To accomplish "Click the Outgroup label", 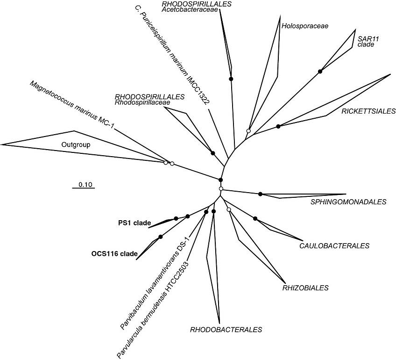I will pos(76,145).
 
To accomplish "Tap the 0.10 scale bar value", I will pos(84,184).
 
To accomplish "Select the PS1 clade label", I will pos(134,223).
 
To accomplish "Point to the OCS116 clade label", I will pos(114,254).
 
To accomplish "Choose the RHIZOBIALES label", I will pos(305,288).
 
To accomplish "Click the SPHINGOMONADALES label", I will pos(349,202).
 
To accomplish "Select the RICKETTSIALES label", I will pos(368,111).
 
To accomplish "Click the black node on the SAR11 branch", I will pos(320,71).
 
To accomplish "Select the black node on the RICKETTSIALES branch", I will pos(278,126).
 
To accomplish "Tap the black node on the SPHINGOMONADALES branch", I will pos(261,194).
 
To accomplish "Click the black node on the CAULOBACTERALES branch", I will pos(255,218).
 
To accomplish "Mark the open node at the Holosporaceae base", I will pos(249,131).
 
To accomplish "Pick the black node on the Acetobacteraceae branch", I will pos(231,79).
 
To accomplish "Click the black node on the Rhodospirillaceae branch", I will pos(212,153).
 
